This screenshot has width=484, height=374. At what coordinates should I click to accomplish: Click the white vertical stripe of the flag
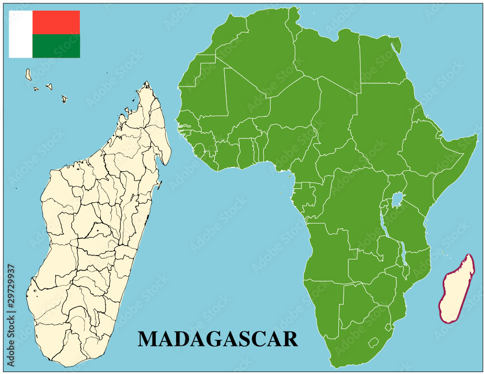pos(20,34)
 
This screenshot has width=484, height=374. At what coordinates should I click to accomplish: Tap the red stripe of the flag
pos(56,22)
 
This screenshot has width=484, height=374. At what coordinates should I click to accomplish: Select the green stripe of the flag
pos(56,46)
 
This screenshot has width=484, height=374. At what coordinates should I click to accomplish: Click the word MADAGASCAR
pos(218,339)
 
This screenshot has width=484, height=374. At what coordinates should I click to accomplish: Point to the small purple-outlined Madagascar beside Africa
pos(456,290)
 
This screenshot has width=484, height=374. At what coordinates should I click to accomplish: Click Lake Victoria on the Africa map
pos(398,199)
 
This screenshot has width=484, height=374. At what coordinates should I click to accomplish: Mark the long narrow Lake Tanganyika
pos(383,227)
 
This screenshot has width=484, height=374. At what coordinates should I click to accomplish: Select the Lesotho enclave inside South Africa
pos(373,343)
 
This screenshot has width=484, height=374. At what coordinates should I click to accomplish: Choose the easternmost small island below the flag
pos(64,99)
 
